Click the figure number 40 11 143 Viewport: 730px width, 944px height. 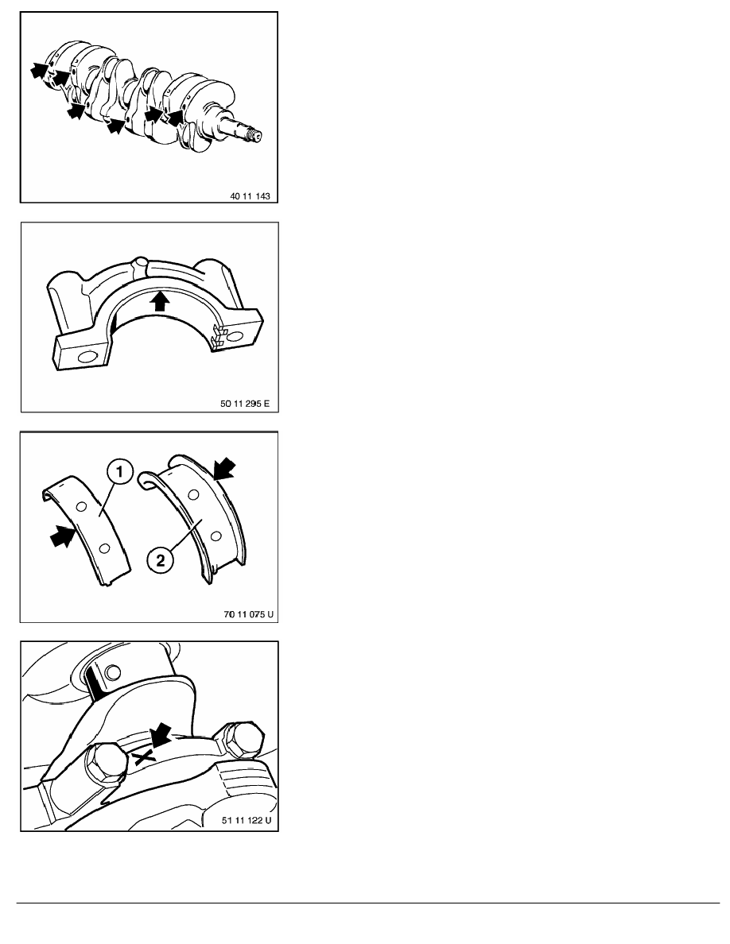[x=250, y=195]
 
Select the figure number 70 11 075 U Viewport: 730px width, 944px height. [x=248, y=614]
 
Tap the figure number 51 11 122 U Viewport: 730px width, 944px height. [x=247, y=820]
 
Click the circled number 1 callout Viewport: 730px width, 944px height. [x=120, y=471]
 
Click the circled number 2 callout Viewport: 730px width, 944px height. [x=160, y=560]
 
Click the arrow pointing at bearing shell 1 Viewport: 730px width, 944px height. [x=64, y=536]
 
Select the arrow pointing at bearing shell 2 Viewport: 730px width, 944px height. [x=225, y=468]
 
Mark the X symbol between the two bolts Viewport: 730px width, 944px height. [x=143, y=756]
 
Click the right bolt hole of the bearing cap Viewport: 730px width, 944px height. [x=235, y=337]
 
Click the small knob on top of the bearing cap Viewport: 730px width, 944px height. [x=140, y=263]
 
